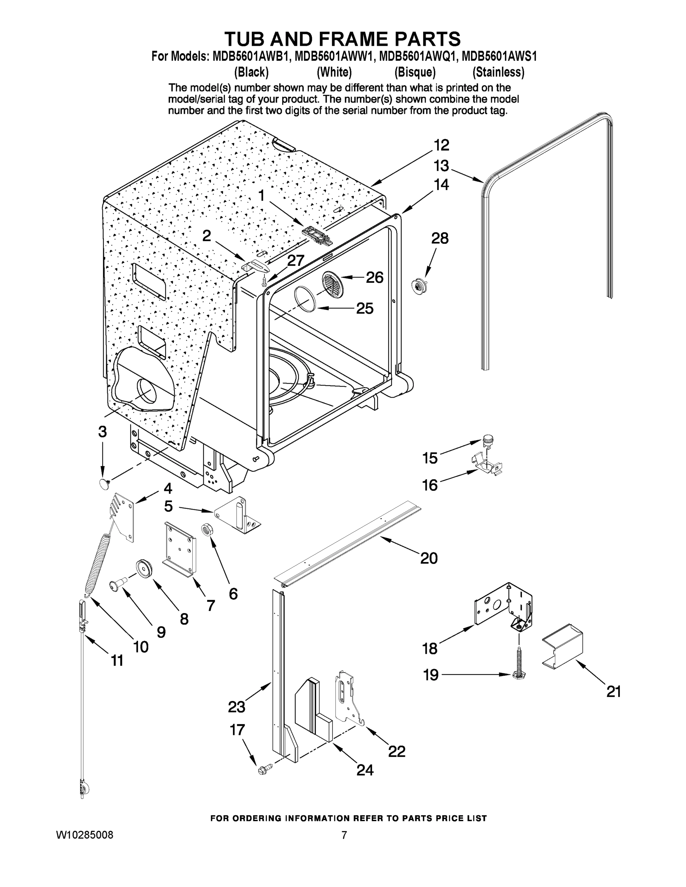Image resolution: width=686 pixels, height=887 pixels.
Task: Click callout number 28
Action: tap(440, 238)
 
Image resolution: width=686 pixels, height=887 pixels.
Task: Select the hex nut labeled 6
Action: tap(206, 530)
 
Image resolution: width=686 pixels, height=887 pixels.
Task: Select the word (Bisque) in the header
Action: tap(415, 72)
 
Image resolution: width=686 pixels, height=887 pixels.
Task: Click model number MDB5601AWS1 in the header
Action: tap(499, 56)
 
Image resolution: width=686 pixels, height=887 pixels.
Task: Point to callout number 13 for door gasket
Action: tap(441, 166)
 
